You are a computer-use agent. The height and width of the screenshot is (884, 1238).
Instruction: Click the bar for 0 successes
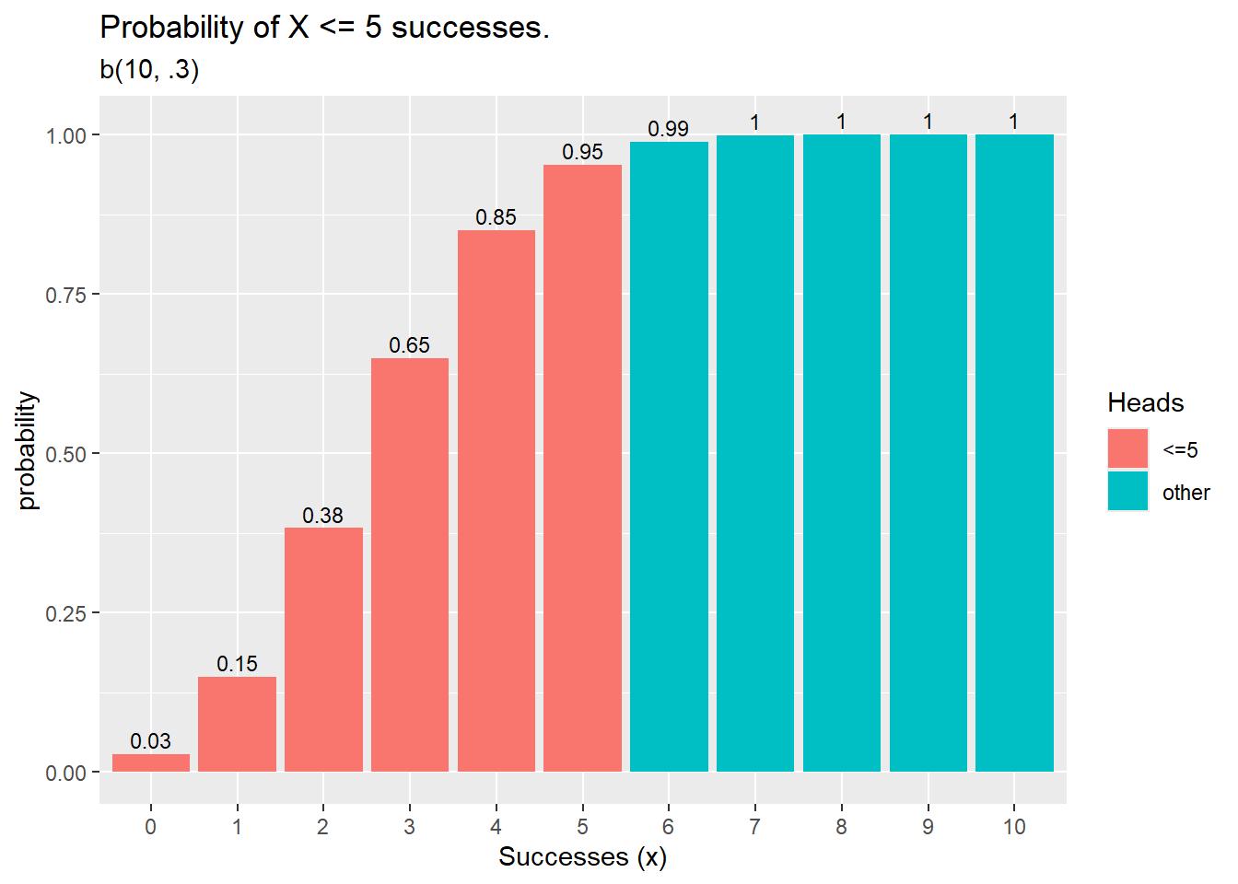151,762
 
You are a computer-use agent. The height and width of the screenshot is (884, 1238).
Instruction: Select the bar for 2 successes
323,649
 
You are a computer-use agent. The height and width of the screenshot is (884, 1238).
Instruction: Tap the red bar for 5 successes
582,468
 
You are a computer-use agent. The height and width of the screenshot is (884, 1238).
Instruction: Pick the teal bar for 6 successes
669,457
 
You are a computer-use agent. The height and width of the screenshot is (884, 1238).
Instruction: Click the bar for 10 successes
1014,453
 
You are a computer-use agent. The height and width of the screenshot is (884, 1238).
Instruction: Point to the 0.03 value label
150,741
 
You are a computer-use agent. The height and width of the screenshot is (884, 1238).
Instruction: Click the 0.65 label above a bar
409,345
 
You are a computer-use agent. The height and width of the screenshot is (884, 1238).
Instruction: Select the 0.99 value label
668,129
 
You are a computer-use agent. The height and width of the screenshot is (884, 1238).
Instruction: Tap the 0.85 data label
496,217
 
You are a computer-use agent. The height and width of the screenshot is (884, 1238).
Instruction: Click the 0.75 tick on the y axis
65,295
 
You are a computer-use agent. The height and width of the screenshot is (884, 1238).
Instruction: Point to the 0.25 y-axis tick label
65,613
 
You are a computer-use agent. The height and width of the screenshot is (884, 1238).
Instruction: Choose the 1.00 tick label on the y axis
65,135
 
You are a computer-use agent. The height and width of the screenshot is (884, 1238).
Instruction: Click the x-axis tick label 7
754,827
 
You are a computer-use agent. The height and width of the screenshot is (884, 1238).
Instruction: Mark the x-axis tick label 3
409,827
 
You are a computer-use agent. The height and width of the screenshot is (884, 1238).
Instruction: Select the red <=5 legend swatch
1127,449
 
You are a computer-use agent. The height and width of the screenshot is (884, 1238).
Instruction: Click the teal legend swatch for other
1127,492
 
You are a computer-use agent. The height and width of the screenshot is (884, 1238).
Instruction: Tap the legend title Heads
1145,402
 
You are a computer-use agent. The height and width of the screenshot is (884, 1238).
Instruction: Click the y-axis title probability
28,451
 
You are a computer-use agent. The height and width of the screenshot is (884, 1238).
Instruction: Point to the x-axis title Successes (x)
582,857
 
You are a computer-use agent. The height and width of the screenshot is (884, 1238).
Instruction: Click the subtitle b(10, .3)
149,69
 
